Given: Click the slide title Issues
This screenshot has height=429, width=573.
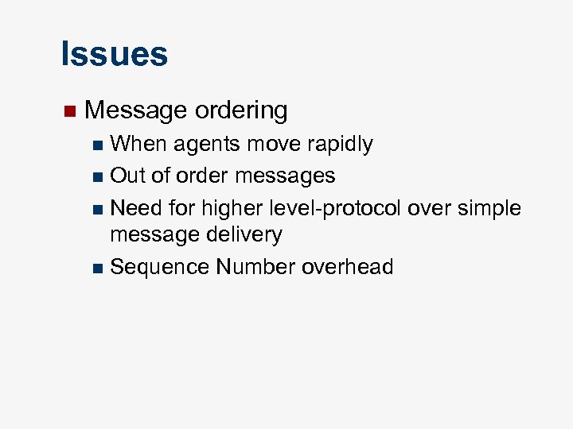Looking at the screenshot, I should point(114,54).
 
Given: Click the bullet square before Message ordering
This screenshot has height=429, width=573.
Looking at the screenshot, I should point(68,110).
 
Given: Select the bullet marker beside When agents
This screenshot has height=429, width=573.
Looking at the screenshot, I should point(97,145).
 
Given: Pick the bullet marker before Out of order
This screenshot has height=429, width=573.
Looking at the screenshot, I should point(97,176).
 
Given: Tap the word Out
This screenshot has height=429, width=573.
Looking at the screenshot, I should point(127,176).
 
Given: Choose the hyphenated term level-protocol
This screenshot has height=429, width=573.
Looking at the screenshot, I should point(337,209).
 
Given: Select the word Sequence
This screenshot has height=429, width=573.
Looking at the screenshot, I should point(159,268).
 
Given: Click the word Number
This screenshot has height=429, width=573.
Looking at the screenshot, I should point(255,268).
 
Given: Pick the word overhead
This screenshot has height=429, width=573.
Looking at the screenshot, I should point(348,268).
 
